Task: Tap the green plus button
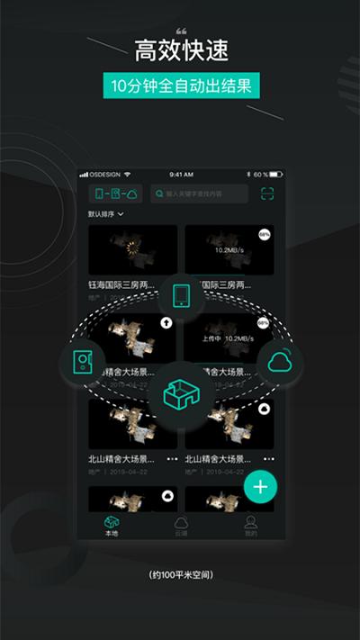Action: pos(260,487)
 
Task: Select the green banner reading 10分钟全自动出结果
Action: pos(180,86)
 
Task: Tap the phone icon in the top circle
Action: pos(180,295)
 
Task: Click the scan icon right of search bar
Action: pos(266,194)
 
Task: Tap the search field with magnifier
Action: pos(199,194)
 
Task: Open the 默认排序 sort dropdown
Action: pos(106,214)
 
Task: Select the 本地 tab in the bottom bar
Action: pos(111,527)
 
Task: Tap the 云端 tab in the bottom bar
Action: pos(181,527)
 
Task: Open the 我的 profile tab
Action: pos(250,527)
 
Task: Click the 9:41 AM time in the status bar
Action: pos(181,174)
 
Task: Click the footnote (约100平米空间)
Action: pos(180,574)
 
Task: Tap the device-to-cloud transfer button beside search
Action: pos(115,194)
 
